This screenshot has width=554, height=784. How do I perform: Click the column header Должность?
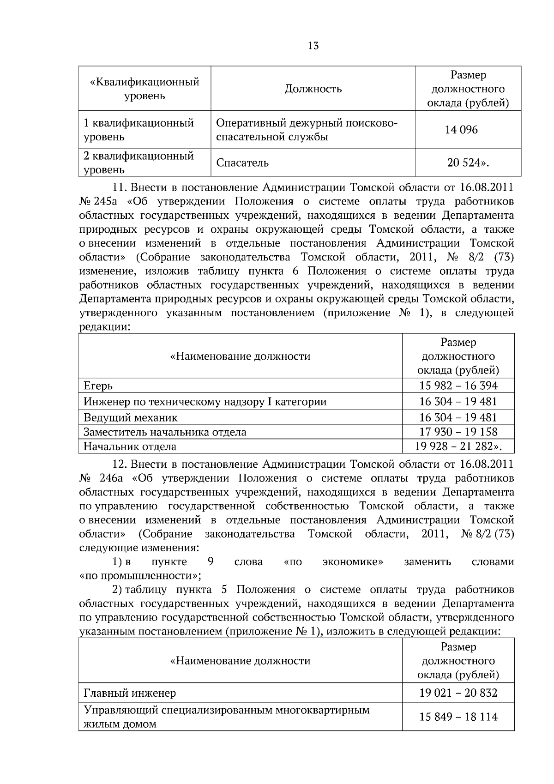pyautogui.click(x=313, y=89)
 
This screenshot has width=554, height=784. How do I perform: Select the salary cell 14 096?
pyautogui.click(x=461, y=130)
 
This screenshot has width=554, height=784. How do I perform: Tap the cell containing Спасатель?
pyautogui.click(x=242, y=163)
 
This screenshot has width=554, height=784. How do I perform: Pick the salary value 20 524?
pyautogui.click(x=467, y=163)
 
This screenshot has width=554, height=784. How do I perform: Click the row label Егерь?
pyautogui.click(x=98, y=386)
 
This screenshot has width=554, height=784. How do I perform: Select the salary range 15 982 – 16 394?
pyautogui.click(x=458, y=386)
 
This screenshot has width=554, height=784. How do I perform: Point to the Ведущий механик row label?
pyautogui.click(x=130, y=418)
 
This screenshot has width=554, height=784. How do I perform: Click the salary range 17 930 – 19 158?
pyautogui.click(x=458, y=432)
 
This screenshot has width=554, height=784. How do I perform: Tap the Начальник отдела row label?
pyautogui.click(x=130, y=446)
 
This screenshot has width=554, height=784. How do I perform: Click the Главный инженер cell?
pyautogui.click(x=130, y=693)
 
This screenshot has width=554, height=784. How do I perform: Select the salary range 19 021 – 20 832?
pyautogui.click(x=458, y=693)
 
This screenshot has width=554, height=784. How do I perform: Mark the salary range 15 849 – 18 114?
pyautogui.click(x=458, y=717)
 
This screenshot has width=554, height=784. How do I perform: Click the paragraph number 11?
pyautogui.click(x=119, y=187)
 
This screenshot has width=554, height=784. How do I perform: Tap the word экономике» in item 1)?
pyautogui.click(x=353, y=562)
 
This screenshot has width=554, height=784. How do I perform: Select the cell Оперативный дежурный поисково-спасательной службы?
pyautogui.click(x=307, y=130)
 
